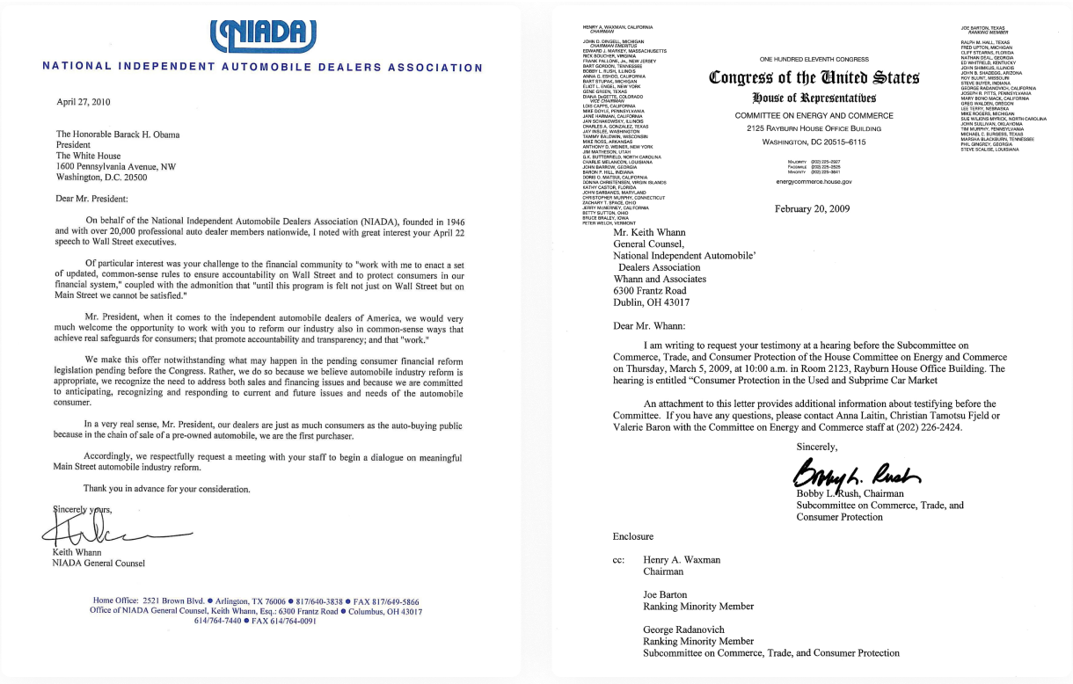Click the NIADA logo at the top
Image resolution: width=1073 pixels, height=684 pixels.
pos(264,34)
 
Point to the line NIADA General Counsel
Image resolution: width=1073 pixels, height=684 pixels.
pos(99,564)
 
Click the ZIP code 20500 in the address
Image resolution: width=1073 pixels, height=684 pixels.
pos(133,177)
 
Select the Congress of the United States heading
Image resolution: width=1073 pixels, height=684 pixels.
pos(814,77)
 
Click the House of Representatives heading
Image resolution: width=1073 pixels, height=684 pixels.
pos(814,98)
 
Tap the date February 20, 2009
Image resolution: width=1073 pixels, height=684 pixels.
pos(814,208)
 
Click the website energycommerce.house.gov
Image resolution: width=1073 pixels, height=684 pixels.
pos(814,181)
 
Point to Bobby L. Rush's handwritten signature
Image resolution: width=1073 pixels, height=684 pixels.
pos(854,475)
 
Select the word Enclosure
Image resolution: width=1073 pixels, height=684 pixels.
pos(633,536)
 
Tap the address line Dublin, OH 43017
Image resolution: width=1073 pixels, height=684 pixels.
pos(652,302)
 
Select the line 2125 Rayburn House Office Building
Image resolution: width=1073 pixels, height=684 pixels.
pos(814,128)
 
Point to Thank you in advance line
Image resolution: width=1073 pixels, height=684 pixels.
pos(166,488)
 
